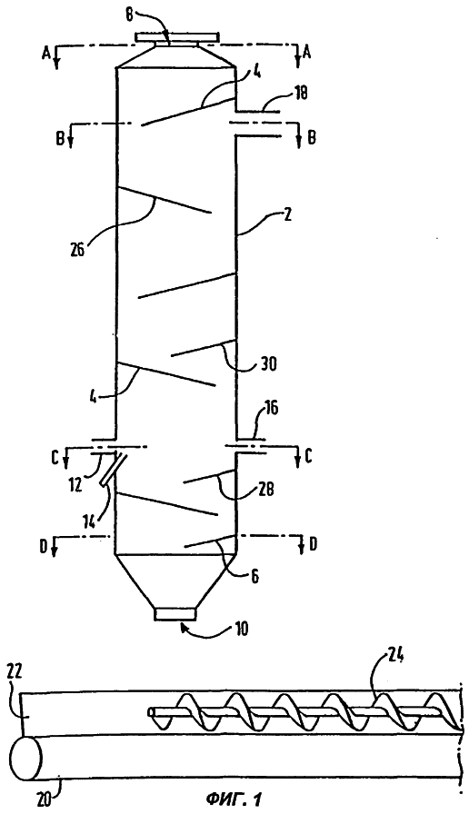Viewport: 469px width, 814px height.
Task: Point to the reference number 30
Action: pos(268,364)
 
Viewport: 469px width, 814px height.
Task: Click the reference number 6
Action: pos(254,575)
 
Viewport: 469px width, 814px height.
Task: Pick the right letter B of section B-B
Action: pos(311,139)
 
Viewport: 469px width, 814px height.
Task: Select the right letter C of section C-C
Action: pos(308,457)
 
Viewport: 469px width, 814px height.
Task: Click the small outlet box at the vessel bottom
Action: pos(175,613)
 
